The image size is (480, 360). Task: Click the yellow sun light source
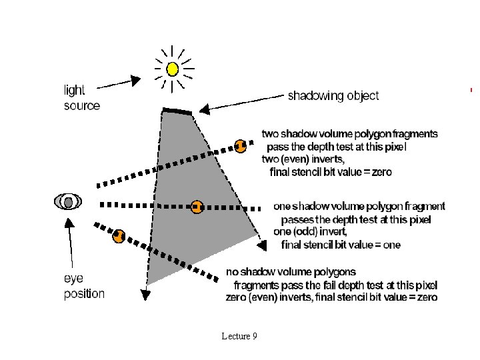(173, 68)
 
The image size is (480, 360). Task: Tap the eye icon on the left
(69, 201)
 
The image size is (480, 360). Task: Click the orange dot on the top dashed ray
(241, 145)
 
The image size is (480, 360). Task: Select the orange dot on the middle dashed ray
(197, 207)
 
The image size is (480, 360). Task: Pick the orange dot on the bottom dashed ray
(119, 235)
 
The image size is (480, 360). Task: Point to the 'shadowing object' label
(333, 95)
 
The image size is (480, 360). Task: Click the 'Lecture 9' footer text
(239, 336)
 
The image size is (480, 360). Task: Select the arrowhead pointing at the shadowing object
(203, 107)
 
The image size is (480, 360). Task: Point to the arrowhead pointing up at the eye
(68, 222)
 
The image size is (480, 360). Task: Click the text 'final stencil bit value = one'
(341, 245)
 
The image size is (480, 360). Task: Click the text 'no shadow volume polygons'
(291, 271)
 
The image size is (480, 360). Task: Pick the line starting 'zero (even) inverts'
(331, 297)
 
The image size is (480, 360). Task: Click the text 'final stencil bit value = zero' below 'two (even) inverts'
(331, 172)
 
